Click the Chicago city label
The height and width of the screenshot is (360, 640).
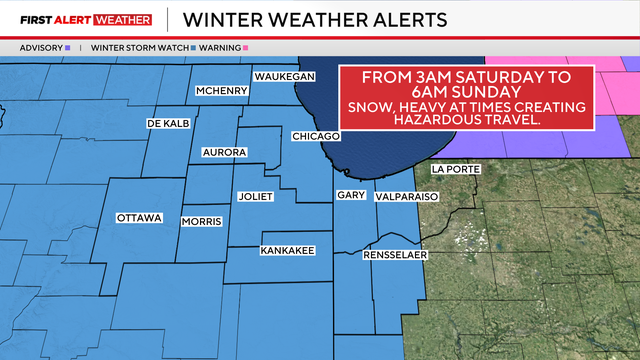pyautogui.click(x=316, y=136)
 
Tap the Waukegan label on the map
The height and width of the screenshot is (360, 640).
pyautogui.click(x=284, y=77)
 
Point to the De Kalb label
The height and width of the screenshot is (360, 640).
pyautogui.click(x=167, y=124)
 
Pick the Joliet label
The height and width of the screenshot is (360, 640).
pyautogui.click(x=256, y=197)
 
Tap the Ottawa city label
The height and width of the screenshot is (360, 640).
pyautogui.click(x=139, y=217)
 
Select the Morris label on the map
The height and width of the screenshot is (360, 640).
pyautogui.click(x=200, y=221)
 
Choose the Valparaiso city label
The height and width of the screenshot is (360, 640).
pyautogui.click(x=407, y=198)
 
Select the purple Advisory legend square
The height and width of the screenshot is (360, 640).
pyautogui.click(x=67, y=47)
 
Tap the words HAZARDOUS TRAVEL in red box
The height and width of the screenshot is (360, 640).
pyautogui.click(x=468, y=120)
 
